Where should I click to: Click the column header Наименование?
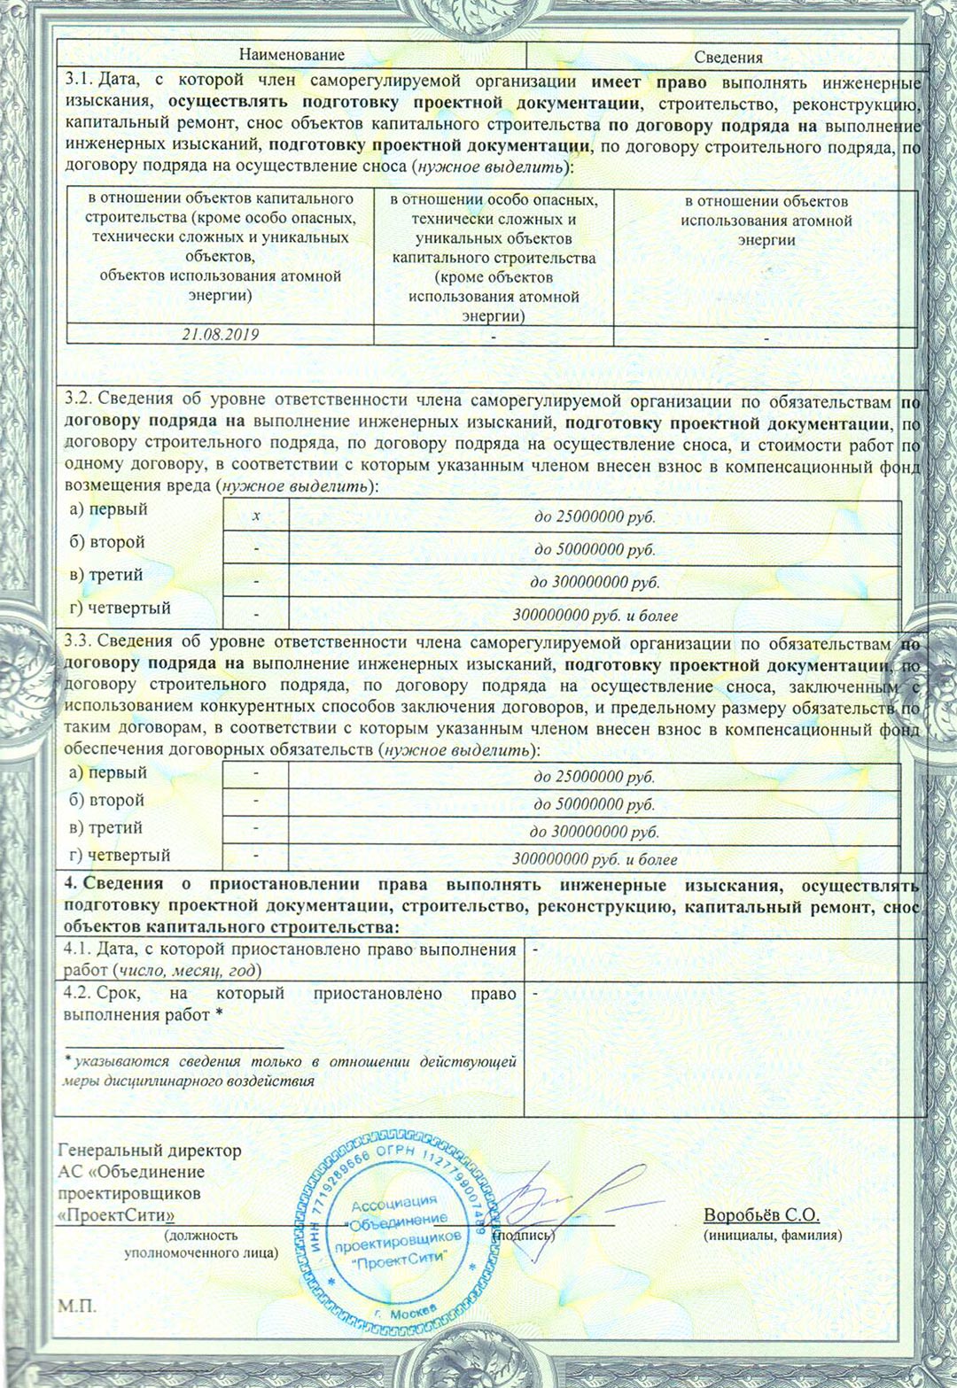[x=292, y=55]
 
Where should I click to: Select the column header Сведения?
[x=728, y=57]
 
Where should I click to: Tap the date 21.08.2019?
[x=221, y=335]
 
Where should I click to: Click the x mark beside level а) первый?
[x=256, y=516]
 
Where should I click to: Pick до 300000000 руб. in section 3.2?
[x=595, y=582]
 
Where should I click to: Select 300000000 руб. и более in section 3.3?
[x=595, y=859]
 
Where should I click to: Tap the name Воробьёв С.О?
[x=761, y=1214]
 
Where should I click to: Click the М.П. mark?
[x=77, y=1307]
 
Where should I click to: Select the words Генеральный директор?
[x=150, y=1151]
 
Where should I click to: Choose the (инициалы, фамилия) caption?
[x=772, y=1235]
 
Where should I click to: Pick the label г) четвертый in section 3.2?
[x=121, y=609]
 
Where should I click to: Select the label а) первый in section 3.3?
[x=109, y=772]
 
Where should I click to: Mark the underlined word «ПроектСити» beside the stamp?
[x=115, y=1214]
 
